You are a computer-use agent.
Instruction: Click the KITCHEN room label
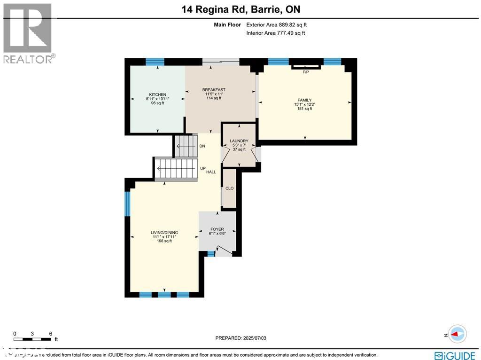pos(157,94)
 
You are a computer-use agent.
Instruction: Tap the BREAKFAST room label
pos(214,90)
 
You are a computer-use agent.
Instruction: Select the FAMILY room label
pos(304,100)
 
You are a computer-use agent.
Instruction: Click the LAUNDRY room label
pos(239,141)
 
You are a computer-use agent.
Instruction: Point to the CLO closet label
pos(229,188)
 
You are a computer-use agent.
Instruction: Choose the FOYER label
pos(217,229)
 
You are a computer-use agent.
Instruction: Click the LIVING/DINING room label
pos(164,233)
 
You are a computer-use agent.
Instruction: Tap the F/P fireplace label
pos(305,72)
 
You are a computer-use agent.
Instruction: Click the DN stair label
pos(202,146)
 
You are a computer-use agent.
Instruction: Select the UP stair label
pos(203,168)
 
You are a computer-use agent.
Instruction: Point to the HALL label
pos(211,172)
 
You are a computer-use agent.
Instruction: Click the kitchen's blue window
pos(155,62)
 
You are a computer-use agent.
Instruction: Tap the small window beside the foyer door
pos(211,254)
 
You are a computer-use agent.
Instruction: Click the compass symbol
pos(457,334)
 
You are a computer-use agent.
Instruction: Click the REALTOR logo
pos(28,33)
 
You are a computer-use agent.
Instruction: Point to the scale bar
pos(32,338)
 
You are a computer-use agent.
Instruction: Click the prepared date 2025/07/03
pos(243,338)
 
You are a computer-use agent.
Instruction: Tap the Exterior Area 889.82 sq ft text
pos(276,25)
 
